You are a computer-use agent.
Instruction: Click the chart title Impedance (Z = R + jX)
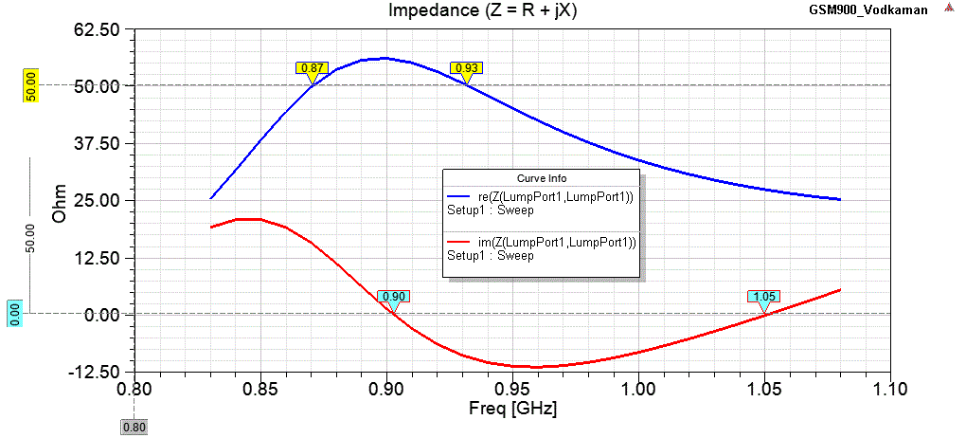click(x=482, y=10)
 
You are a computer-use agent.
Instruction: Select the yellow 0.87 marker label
click(x=312, y=68)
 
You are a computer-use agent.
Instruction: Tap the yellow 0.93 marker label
click(x=466, y=68)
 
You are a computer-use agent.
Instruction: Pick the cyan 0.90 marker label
click(x=393, y=297)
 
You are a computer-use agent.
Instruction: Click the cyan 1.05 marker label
click(x=763, y=297)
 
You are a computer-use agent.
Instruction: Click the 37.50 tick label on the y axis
click(x=98, y=143)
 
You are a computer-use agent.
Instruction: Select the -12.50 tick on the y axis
click(x=96, y=371)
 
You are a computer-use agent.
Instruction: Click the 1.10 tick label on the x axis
click(x=890, y=390)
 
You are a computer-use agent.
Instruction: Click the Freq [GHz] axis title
click(x=512, y=410)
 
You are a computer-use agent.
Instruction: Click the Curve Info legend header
click(x=541, y=178)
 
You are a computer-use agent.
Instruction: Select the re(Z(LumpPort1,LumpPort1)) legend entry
click(x=540, y=195)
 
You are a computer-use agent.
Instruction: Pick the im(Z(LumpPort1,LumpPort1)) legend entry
click(x=540, y=242)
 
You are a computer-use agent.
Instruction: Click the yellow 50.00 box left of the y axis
click(x=30, y=85)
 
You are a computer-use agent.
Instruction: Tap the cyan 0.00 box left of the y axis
click(x=14, y=314)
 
